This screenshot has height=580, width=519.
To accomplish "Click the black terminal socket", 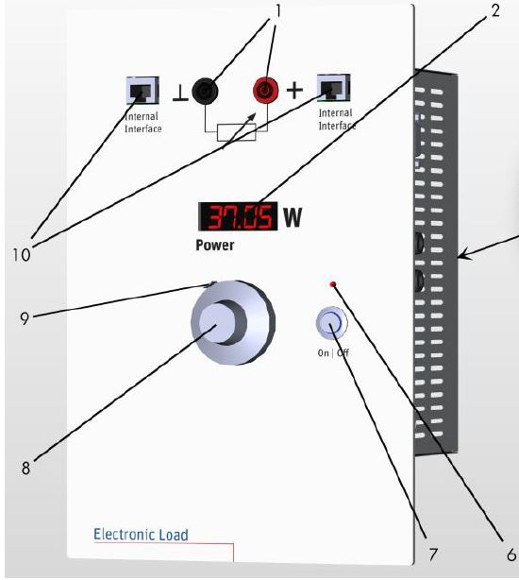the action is [205, 91].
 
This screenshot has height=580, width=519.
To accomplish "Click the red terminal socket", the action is [265, 90].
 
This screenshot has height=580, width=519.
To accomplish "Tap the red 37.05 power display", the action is [238, 216].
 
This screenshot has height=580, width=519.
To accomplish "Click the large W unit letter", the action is [293, 217].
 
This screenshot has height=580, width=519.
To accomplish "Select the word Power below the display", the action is [214, 246].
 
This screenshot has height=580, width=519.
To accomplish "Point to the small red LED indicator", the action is [333, 284].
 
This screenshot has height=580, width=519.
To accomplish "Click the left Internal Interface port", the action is [142, 91].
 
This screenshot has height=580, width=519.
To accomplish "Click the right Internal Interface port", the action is [333, 87].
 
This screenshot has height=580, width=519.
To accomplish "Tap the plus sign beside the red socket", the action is [294, 91].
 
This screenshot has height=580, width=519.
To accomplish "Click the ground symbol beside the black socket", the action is [180, 93].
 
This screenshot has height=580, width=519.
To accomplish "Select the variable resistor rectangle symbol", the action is [237, 133].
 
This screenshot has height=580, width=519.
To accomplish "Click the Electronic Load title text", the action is [141, 535].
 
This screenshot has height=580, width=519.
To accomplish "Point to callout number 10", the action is [22, 255].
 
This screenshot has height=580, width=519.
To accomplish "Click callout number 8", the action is [25, 468].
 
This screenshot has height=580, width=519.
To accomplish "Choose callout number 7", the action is [433, 554].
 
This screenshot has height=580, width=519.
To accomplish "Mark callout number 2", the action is [495, 10].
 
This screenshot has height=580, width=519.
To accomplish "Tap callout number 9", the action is [25, 318].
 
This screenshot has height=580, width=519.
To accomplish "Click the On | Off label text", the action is [333, 353].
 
